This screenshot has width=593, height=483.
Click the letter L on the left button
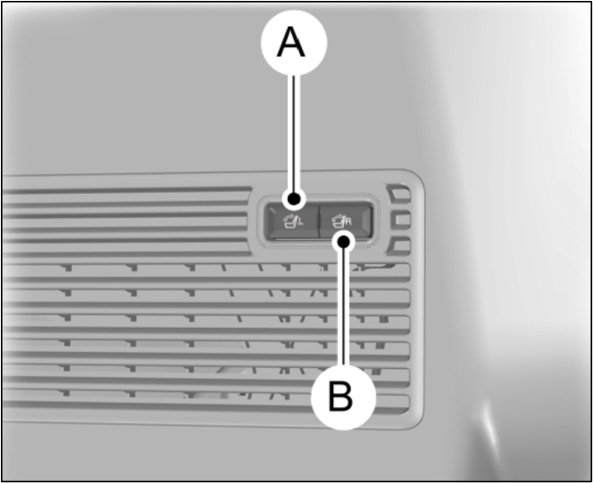(x=301, y=224)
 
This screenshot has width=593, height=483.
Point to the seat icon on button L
(x=289, y=221)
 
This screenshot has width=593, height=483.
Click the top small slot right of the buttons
(x=399, y=195)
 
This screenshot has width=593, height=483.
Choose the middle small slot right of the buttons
(x=400, y=220)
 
